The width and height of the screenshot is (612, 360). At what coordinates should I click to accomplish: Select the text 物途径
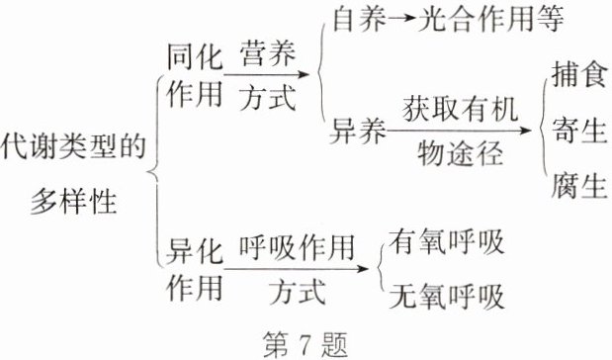460,153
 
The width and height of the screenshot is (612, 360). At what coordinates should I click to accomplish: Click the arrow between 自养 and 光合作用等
411,21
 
